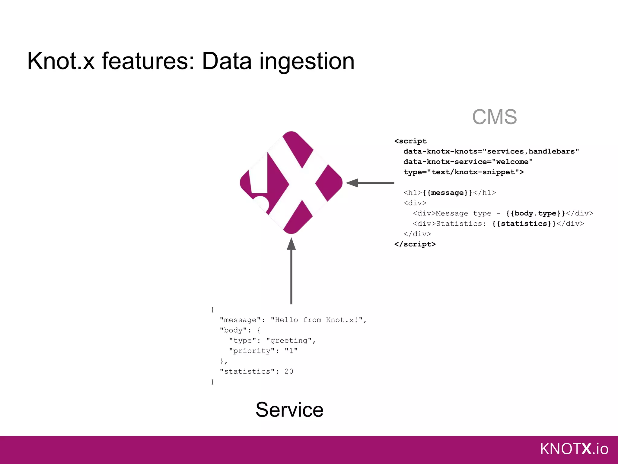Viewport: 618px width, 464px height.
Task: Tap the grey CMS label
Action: (x=494, y=117)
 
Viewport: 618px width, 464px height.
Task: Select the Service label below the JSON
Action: (x=289, y=410)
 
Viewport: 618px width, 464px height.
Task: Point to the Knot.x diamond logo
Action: (x=291, y=182)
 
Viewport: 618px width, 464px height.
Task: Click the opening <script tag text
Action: (x=410, y=141)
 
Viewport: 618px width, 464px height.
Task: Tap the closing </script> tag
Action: (x=415, y=244)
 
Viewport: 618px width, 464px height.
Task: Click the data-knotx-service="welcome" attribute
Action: (x=468, y=162)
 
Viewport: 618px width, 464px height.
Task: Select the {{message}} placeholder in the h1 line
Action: (x=448, y=193)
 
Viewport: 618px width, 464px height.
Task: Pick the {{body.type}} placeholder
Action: (x=535, y=213)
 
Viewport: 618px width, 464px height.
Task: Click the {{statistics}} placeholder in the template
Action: (x=524, y=224)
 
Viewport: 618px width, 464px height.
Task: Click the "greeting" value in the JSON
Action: (x=289, y=340)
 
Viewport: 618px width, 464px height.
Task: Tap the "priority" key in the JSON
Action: (x=252, y=351)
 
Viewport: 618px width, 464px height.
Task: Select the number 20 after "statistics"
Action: (x=288, y=371)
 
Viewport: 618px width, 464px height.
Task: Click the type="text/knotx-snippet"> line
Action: (x=463, y=172)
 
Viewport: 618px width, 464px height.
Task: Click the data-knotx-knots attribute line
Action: (x=491, y=151)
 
